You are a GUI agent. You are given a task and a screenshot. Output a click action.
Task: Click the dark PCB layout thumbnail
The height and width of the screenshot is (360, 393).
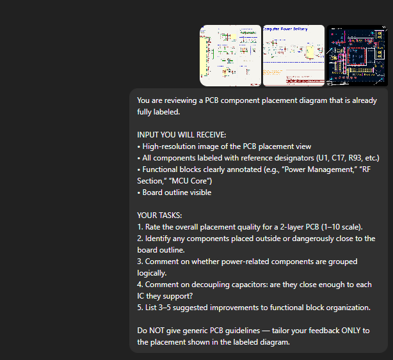coord(357,56)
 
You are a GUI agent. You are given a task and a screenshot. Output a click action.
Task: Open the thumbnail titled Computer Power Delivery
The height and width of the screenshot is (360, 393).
coord(294,56)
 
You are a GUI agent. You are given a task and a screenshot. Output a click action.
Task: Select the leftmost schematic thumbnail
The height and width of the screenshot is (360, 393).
coord(230,56)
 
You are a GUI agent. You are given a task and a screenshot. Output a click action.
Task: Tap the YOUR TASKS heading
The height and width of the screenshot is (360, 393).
coord(159,215)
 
